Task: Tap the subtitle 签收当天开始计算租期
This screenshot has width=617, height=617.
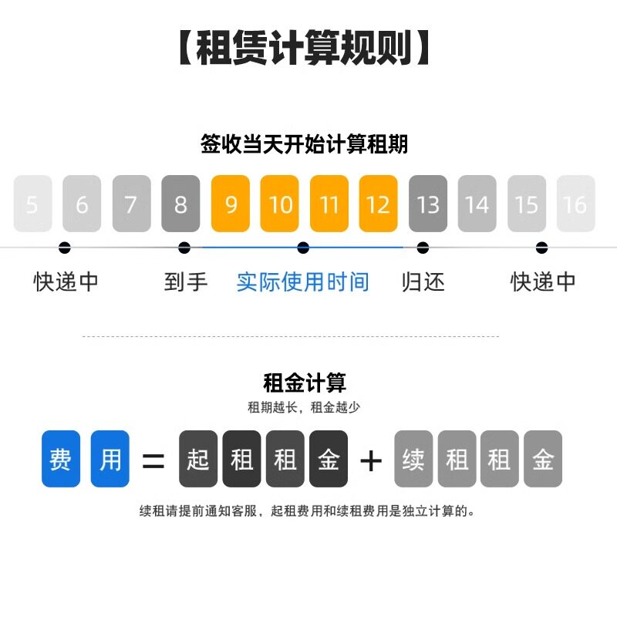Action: click(304, 144)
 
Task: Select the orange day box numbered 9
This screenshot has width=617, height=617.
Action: click(231, 204)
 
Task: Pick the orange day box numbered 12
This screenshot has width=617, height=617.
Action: click(379, 204)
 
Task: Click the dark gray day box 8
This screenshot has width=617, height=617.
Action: click(180, 204)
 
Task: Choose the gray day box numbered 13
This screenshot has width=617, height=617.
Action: click(428, 204)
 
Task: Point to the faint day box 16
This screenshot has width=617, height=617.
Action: click(575, 204)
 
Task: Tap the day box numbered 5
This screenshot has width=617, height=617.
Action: click(32, 204)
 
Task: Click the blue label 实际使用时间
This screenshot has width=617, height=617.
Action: click(303, 282)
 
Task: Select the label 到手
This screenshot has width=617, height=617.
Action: click(186, 282)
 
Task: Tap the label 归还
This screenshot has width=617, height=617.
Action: click(423, 282)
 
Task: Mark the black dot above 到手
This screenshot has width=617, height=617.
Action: click(184, 248)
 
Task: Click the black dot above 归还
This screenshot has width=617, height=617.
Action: click(423, 248)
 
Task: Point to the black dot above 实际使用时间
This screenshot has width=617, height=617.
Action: click(303, 248)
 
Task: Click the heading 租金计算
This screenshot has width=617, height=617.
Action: click(304, 383)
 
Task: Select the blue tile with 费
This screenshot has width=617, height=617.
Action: click(61, 459)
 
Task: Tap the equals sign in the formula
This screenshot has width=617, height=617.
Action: click(153, 460)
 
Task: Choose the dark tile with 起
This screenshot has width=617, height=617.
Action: click(198, 459)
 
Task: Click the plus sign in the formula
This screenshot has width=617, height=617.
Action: click(371, 460)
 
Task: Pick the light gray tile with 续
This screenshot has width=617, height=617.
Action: click(413, 459)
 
